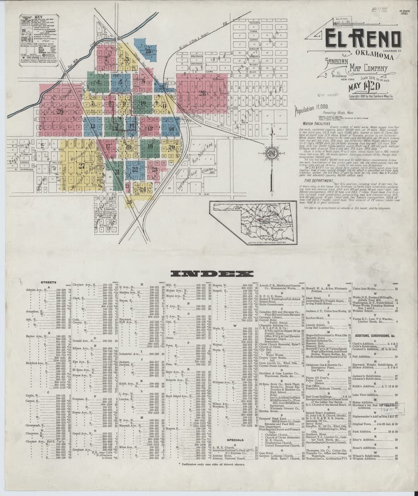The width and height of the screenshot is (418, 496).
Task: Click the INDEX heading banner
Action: [212, 274]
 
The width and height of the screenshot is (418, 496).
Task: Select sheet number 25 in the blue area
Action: [148, 52]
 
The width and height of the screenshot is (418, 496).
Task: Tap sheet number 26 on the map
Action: [60, 111]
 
